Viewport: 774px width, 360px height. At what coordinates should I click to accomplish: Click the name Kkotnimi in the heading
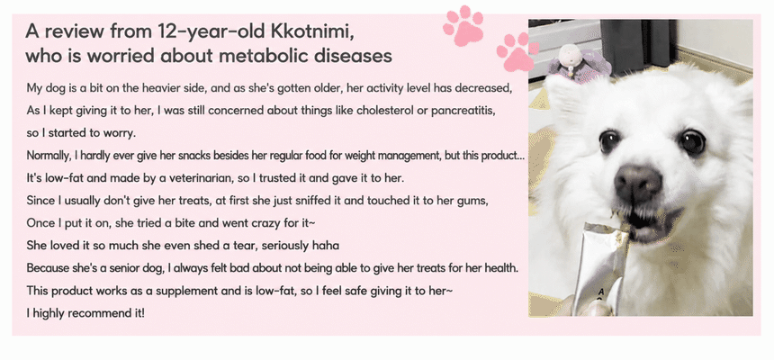point(312,31)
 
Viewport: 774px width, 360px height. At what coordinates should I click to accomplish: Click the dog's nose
point(637,182)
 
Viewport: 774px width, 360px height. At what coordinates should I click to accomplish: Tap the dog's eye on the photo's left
point(609,140)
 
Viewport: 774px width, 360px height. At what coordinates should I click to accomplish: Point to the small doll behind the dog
point(575,62)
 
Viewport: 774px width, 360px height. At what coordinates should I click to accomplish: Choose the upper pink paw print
point(463,25)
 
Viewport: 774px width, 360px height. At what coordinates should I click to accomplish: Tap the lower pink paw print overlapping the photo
point(517,52)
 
